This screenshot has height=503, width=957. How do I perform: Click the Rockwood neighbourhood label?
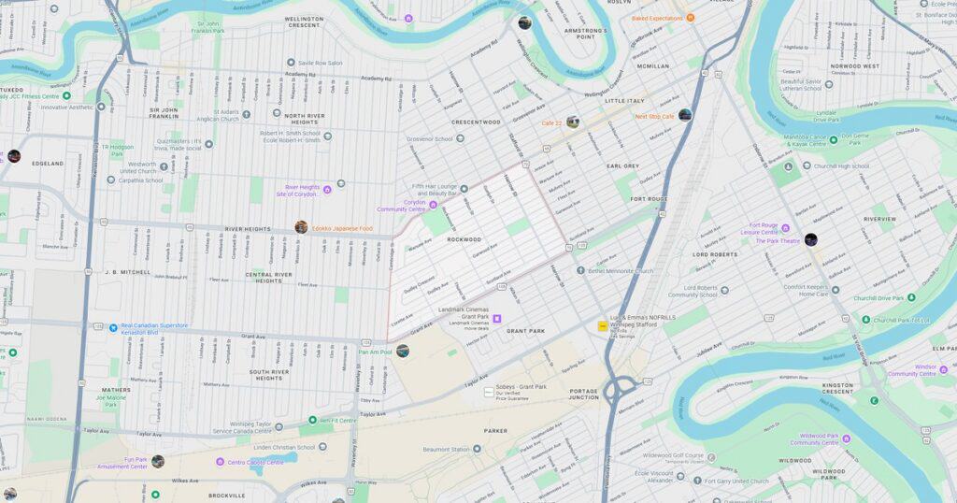point(464,239)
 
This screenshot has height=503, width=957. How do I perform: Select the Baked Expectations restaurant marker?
point(691,18)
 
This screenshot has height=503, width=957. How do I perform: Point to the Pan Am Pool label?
point(374,352)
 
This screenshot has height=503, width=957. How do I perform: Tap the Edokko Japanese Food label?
point(342,228)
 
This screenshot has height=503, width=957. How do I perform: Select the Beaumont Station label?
point(445,450)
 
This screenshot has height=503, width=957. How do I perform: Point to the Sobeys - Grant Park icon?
point(489,391)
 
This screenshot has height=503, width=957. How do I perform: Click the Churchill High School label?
point(841,166)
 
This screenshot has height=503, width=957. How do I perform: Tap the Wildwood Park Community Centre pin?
point(846,438)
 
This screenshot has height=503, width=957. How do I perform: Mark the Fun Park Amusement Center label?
point(122,463)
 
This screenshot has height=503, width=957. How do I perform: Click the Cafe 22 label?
point(550,122)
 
